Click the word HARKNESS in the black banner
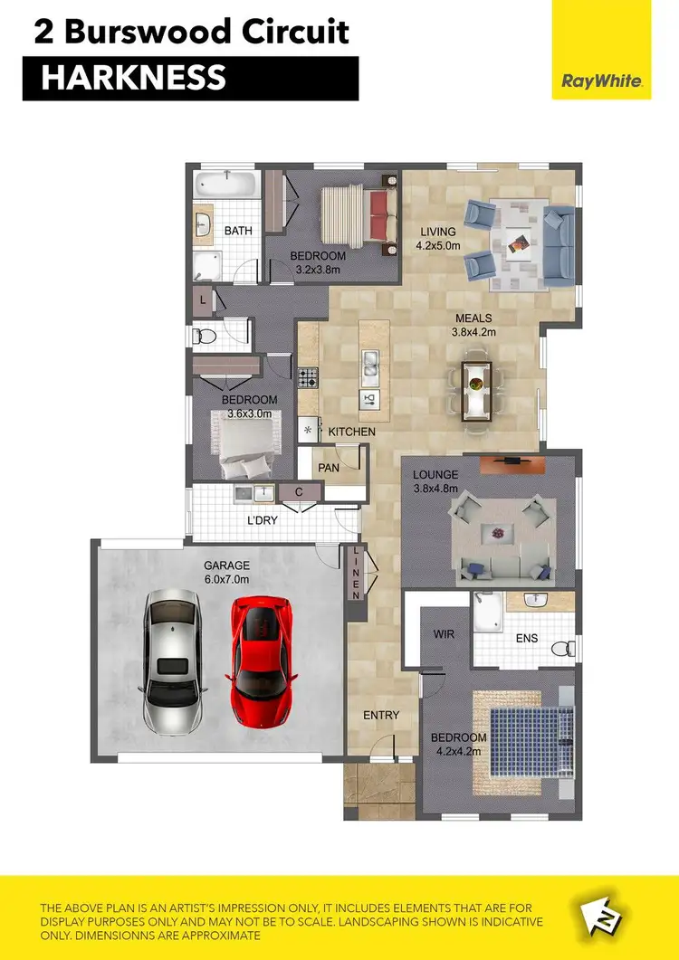point(133,79)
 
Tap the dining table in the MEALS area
point(477,391)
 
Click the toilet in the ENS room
point(564,648)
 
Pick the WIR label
point(444,634)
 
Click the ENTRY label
point(381,715)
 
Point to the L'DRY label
point(263,521)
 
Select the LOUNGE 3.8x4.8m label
point(435,481)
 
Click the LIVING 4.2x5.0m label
point(439,238)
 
